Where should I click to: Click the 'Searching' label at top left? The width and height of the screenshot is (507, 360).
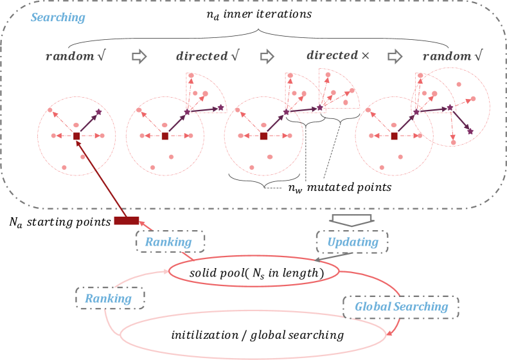click(58, 18)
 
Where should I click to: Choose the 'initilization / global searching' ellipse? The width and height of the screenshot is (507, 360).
click(257, 335)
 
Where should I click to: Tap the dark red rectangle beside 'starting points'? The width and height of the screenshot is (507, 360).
click(127, 221)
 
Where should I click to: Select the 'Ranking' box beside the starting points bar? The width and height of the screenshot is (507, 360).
click(168, 242)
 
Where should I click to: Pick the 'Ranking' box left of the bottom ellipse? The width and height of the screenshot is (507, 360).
click(109, 298)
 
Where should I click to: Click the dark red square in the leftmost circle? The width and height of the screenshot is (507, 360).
click(76, 136)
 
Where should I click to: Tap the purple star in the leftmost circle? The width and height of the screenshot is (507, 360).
click(99, 113)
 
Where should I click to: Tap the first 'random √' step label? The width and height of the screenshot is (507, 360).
click(75, 57)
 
